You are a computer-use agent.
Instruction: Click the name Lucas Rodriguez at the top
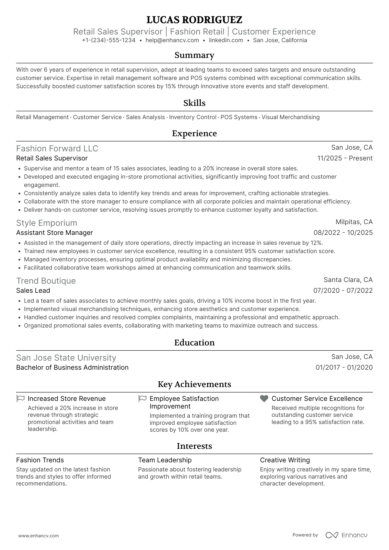click(x=194, y=20)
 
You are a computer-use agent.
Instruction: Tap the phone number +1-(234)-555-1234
click(x=109, y=40)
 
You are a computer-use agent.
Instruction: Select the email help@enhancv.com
click(x=172, y=40)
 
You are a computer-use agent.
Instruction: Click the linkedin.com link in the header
click(x=226, y=40)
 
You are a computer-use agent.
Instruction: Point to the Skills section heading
click(x=194, y=103)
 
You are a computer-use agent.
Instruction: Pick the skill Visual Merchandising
click(x=291, y=117)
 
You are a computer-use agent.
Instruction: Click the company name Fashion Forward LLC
click(x=57, y=149)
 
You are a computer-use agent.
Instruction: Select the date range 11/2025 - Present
click(x=345, y=158)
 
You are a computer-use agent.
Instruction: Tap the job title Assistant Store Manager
click(x=55, y=233)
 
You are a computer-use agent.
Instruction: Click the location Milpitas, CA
click(x=354, y=222)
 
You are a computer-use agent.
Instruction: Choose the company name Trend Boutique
click(x=46, y=281)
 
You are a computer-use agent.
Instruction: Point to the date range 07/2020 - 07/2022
click(x=343, y=291)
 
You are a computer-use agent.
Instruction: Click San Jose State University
click(x=66, y=358)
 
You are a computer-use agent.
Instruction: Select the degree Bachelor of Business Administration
click(x=72, y=367)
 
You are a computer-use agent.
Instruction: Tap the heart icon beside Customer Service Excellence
click(x=264, y=399)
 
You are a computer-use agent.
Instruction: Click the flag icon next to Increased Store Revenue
click(x=20, y=399)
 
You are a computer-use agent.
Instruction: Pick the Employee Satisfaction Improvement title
click(x=184, y=403)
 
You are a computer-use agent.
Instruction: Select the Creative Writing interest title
click(x=285, y=460)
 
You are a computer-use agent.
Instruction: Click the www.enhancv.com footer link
click(x=39, y=536)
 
